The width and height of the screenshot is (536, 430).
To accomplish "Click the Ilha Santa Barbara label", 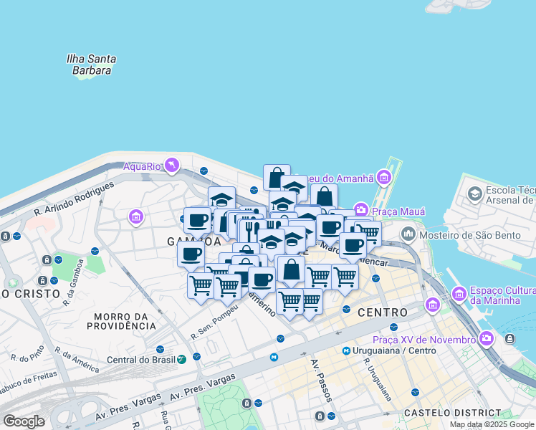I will (x=91, y=64).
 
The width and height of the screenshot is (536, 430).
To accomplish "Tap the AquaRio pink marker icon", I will (x=171, y=166).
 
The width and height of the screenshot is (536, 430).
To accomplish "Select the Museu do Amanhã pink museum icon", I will (x=385, y=177).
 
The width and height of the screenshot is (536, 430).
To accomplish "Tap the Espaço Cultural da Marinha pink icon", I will (x=459, y=293).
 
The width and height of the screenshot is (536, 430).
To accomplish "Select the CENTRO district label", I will (x=382, y=312).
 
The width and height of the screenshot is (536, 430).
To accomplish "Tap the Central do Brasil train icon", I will (x=183, y=359).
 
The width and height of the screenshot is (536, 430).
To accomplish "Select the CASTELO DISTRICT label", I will (x=452, y=413).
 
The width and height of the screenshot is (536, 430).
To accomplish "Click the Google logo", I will (x=24, y=421).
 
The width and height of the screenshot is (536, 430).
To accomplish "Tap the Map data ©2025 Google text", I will (x=492, y=424).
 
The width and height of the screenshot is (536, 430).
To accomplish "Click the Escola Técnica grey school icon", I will (x=474, y=194).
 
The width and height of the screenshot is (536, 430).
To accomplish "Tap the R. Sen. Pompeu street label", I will (x=214, y=326).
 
